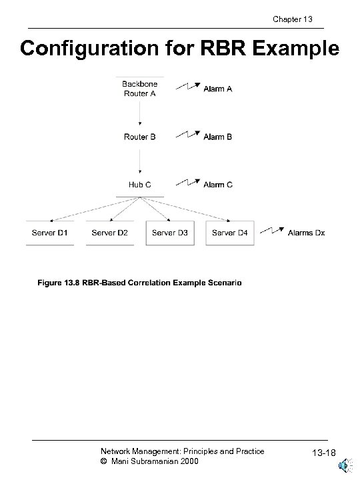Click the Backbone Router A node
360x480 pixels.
[139, 89]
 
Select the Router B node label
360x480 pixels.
[139, 137]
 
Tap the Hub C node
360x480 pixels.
[139, 185]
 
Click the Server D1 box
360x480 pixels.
[50, 233]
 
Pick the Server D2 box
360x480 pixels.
[110, 233]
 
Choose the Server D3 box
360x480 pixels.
[170, 233]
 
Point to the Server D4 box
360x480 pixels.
[230, 233]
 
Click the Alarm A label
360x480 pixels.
[218, 89]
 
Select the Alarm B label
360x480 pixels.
[218, 137]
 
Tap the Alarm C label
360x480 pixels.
[218, 185]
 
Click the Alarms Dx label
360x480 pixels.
[307, 233]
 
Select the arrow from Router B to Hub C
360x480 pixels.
[139, 161]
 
